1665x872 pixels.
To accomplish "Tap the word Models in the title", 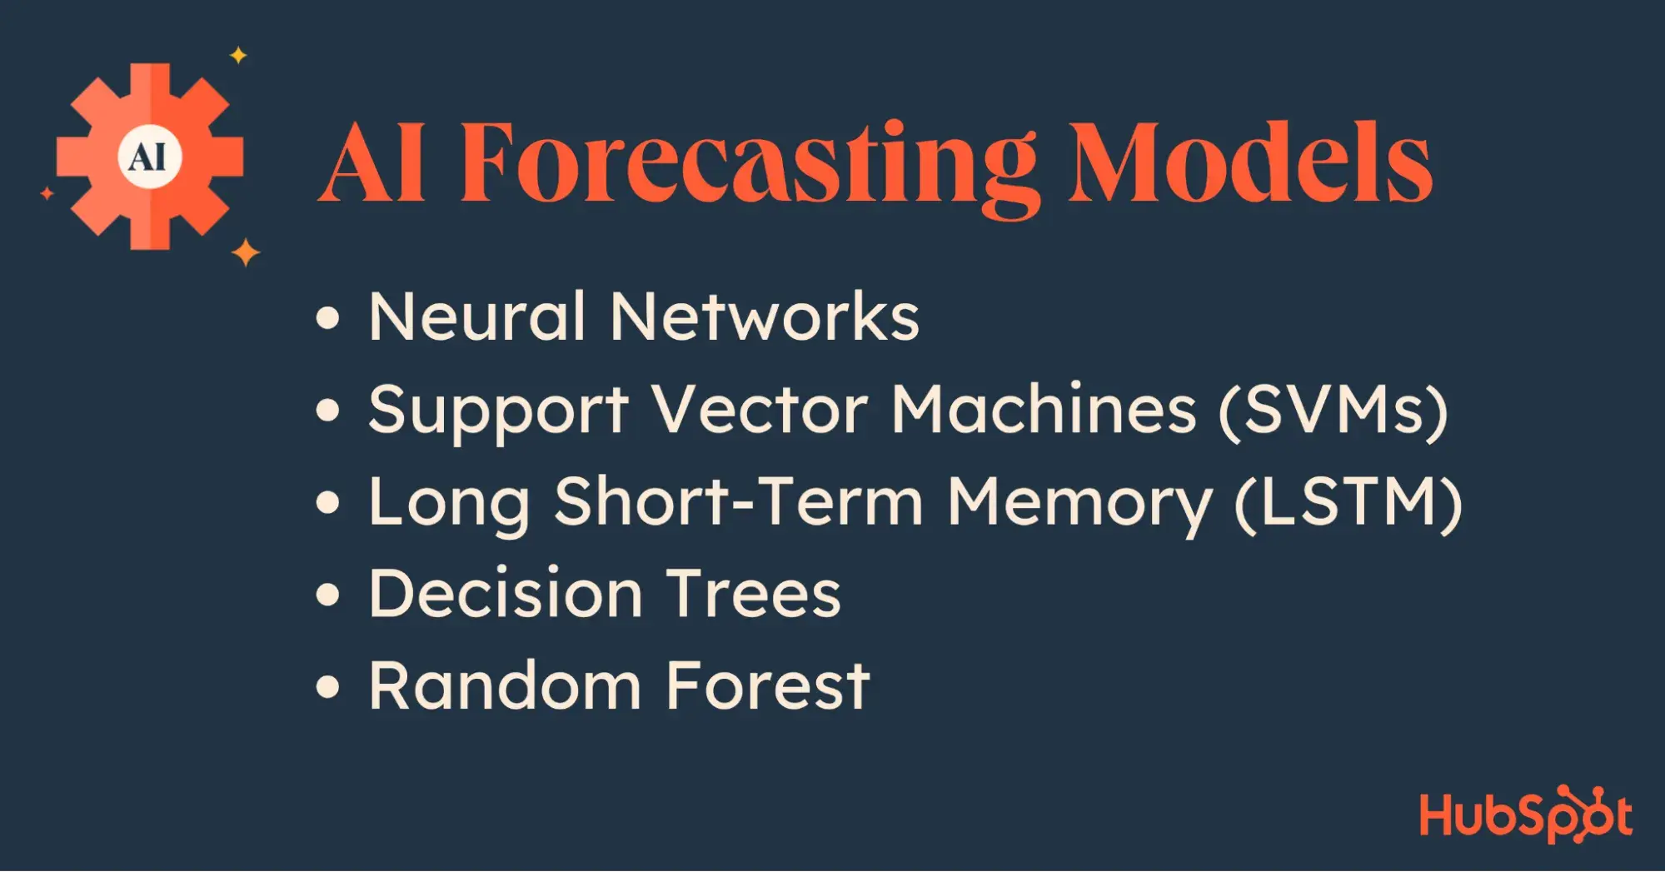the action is tap(1250, 162).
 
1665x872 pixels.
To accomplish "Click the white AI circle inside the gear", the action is tap(150, 157).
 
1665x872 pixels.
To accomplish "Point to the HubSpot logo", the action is tap(1526, 814).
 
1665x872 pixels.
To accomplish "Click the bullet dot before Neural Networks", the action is tap(329, 318).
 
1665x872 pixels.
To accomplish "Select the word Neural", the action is tap(477, 316).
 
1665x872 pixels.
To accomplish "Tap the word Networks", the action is tap(765, 316).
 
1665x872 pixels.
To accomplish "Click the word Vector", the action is tap(760, 410).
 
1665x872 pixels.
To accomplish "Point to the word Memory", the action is tap(1079, 506).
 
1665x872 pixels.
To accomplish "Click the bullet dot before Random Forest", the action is tap(329, 687).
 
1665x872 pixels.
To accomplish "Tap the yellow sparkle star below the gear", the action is tap(246, 252).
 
